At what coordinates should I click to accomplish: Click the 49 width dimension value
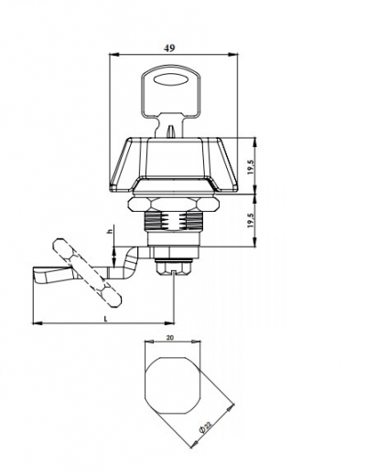pyautogui.click(x=169, y=48)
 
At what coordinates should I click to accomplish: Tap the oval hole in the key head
pyautogui.click(x=170, y=80)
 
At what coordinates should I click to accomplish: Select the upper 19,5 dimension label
pyautogui.click(x=251, y=167)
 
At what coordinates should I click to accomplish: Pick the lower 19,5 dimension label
pyautogui.click(x=251, y=220)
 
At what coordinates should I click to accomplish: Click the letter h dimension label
pyautogui.click(x=111, y=231)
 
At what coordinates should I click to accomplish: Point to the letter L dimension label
pyautogui.click(x=105, y=319)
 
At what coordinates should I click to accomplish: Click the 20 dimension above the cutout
pyautogui.click(x=170, y=338)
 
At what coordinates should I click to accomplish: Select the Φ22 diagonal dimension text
pyautogui.click(x=205, y=426)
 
